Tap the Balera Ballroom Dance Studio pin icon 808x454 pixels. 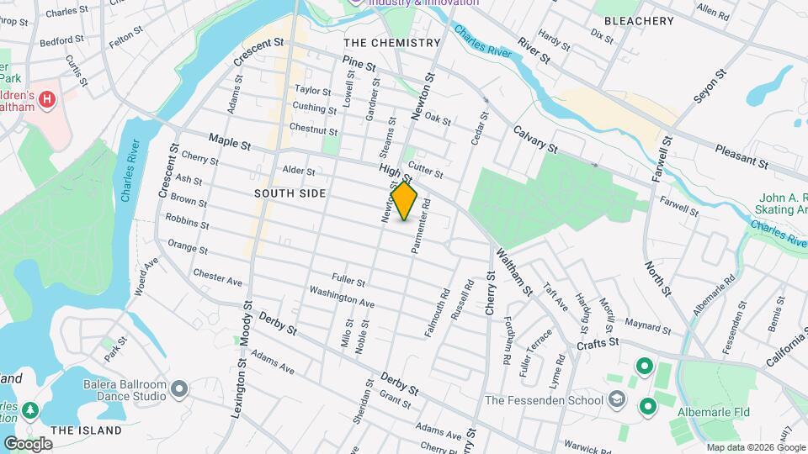[x=178, y=388]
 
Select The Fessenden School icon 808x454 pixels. [x=617, y=399]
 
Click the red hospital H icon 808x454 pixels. [x=47, y=99]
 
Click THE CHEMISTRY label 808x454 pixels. [x=392, y=42]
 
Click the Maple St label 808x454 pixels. [x=230, y=145]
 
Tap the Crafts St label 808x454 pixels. [x=598, y=343]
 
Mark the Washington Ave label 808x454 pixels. [x=342, y=296]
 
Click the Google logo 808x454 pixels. [x=28, y=444]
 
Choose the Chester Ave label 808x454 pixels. [x=217, y=276]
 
